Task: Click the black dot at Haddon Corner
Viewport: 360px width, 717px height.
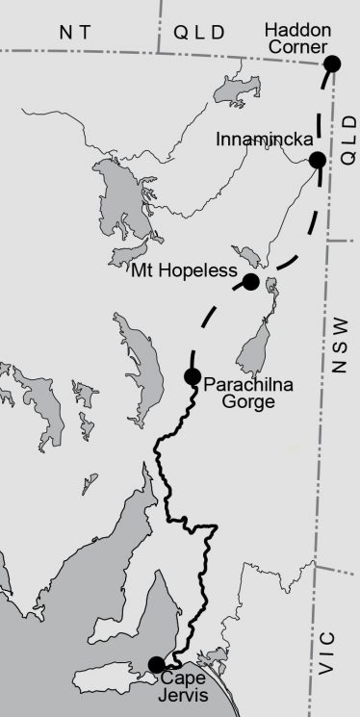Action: [332, 64]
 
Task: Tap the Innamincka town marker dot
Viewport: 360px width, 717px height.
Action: [317, 160]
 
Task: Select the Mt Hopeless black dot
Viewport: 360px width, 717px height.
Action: [250, 281]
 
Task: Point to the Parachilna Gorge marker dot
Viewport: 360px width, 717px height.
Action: [192, 376]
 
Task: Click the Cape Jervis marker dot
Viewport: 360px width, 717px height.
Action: [156, 664]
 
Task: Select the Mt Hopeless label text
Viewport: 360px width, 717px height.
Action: [184, 272]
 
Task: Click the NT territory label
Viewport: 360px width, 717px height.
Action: [78, 32]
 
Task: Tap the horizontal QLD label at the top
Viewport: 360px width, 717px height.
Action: [200, 32]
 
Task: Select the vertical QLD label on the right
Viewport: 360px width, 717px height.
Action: [347, 136]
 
